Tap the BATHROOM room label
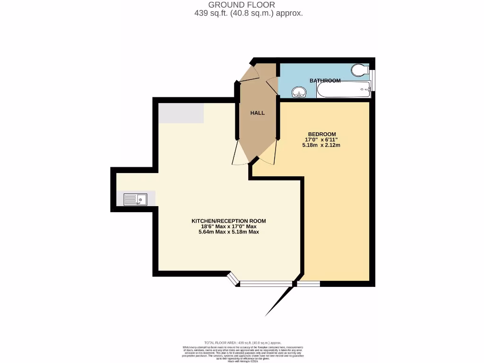tap(325, 81)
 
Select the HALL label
tap(258, 113)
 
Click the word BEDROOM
tap(322, 134)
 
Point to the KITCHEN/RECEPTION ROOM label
tap(228, 221)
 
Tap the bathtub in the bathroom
tap(343, 89)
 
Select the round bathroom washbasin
tap(298, 91)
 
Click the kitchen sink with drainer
tap(135, 199)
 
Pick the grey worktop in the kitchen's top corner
tap(181, 113)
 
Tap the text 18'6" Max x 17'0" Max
tap(229, 226)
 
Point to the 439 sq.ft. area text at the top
tap(248, 13)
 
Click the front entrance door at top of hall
tap(250, 73)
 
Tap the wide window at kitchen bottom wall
tap(265, 284)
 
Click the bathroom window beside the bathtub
tap(373, 81)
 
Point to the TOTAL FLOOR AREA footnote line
tap(242, 342)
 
